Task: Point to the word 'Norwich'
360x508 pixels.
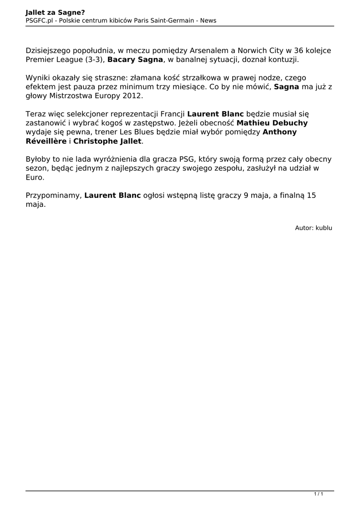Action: coord(252,51)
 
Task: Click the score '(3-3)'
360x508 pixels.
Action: coord(95,60)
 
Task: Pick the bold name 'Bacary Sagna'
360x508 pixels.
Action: coord(135,60)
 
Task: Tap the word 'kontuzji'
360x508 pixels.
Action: coord(284,60)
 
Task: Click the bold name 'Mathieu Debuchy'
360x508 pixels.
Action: coord(272,123)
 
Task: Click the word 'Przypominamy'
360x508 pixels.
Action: coord(53,195)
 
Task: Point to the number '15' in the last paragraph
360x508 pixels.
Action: coord(311,195)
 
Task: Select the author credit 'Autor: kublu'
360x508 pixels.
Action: coord(313,228)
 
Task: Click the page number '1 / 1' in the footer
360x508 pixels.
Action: coord(319,494)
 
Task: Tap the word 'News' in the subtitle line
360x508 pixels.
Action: coord(208,20)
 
